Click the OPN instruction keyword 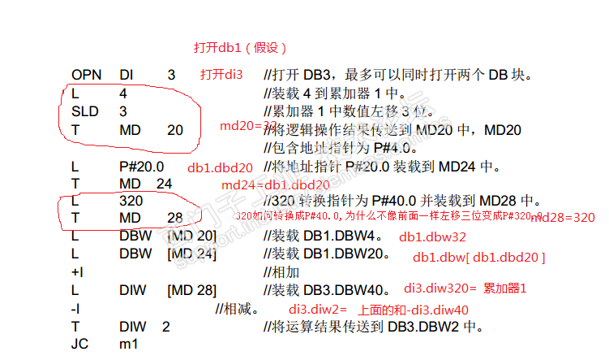[x=86, y=75]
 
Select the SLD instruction [x=84, y=111]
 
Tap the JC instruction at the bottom [x=79, y=344]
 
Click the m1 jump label [x=128, y=344]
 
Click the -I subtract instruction [x=75, y=309]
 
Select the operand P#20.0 [x=141, y=167]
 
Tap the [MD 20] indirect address [x=191, y=236]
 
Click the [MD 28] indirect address [x=191, y=290]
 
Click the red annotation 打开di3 [x=221, y=75]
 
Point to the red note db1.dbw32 [x=431, y=238]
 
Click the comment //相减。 [x=237, y=309]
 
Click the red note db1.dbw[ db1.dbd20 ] [x=478, y=258]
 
